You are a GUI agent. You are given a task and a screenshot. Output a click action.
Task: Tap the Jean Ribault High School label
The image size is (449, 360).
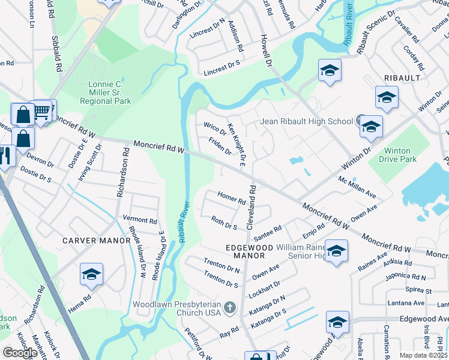(x=306, y=122)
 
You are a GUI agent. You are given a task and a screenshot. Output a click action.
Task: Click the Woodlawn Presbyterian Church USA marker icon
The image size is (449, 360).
(x=229, y=308)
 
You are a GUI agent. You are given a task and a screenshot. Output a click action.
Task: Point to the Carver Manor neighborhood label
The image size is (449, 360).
(x=97, y=241)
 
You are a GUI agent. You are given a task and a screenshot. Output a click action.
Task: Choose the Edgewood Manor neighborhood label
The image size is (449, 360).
(x=245, y=251)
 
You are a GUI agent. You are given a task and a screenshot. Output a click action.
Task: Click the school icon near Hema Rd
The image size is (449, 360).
(x=92, y=275)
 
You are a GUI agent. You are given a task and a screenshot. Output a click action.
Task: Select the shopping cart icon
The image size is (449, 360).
(x=42, y=111)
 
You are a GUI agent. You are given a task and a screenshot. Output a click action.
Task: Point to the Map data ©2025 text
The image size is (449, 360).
(x=423, y=355)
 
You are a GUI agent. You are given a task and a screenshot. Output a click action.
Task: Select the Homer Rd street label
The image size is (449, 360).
(x=232, y=198)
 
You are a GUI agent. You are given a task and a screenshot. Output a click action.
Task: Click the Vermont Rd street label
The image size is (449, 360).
(x=139, y=220)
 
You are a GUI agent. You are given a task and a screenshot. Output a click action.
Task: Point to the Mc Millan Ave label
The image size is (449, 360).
(x=357, y=187)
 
